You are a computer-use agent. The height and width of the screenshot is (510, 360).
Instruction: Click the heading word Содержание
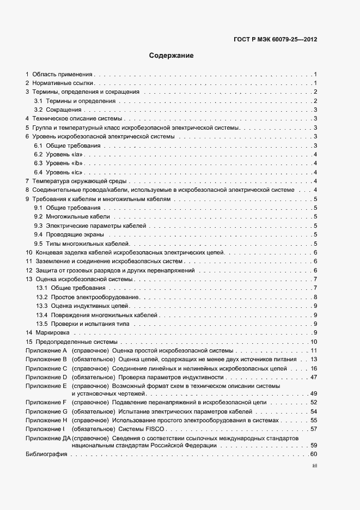pos(171,56)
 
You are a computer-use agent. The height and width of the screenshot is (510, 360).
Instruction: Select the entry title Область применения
pos(63,74)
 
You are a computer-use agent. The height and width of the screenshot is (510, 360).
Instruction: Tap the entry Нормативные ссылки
pos(64,83)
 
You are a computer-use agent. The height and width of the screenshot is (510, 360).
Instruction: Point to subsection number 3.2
pos(39,110)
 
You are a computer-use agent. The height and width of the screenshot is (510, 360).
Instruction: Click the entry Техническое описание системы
pos(77,118)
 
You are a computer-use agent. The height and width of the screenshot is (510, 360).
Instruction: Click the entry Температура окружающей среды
pos(80,181)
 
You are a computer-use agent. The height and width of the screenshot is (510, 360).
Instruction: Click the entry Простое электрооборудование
pos(96,297)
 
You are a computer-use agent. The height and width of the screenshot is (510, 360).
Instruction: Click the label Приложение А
pos(46,350)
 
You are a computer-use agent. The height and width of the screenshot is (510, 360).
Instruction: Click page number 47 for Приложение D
pos(313,377)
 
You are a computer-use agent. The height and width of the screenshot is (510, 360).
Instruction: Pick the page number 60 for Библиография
pos(313,454)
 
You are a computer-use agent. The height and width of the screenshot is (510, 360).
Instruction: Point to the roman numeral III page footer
pos(314,466)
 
